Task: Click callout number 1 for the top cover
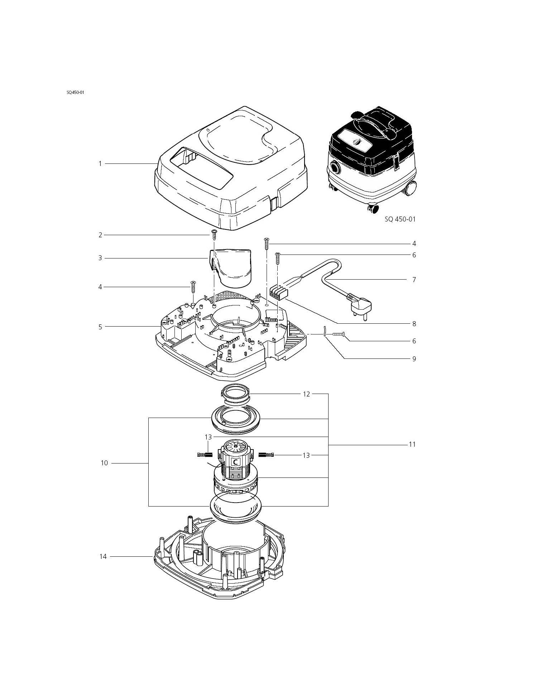[100, 164]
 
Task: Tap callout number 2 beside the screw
[100, 235]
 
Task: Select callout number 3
[100, 258]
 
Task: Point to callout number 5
[100, 327]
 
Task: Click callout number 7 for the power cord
[414, 280]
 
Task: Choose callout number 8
[414, 324]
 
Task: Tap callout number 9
[414, 359]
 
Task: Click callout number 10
[104, 463]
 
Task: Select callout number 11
[412, 445]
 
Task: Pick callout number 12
[306, 394]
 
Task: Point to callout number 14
[103, 557]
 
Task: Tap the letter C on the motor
[235, 462]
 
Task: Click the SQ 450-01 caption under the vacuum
[400, 219]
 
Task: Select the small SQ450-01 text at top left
[75, 92]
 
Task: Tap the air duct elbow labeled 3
[230, 267]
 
